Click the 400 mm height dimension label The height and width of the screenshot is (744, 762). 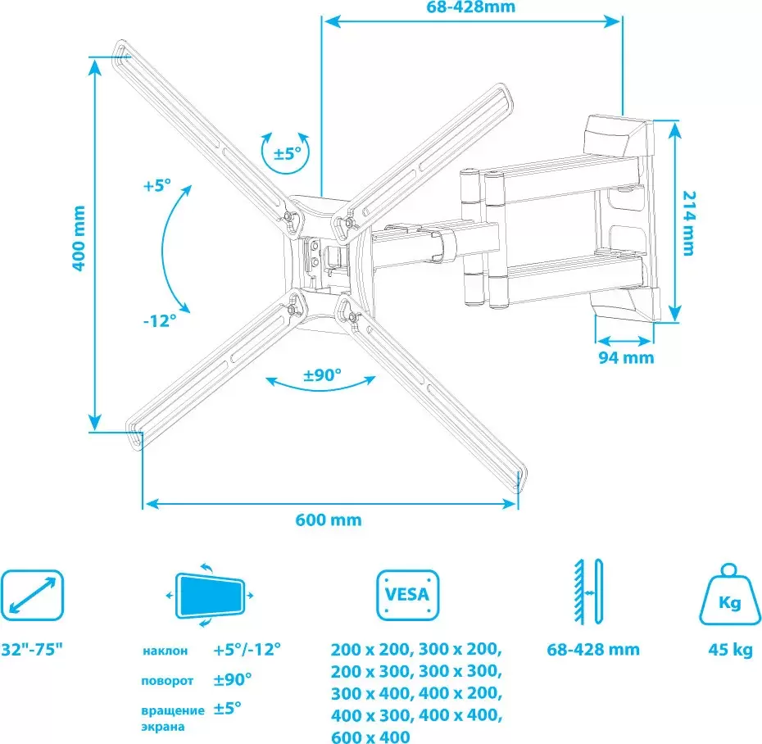pos(79,238)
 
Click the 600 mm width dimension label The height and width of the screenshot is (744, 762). pos(329,520)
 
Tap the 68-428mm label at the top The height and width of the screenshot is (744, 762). pos(471,7)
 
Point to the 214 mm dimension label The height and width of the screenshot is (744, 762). pos(688,223)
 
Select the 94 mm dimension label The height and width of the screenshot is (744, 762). pos(626,358)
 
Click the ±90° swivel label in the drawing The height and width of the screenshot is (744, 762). pos(322,374)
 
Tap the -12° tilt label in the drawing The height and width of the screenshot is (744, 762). pos(160,320)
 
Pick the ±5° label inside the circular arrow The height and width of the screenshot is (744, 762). pos(288,153)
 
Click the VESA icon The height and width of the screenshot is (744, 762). pos(408,596)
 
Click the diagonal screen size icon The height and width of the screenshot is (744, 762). pos(32,596)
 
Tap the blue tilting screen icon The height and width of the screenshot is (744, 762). pos(210,596)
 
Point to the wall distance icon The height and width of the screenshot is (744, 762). pos(588,592)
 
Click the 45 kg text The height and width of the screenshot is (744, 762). pos(730,650)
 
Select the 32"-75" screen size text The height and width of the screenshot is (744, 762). pos(32,649)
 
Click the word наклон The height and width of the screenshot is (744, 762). pos(166,651)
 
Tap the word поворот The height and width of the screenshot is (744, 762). pos(167,681)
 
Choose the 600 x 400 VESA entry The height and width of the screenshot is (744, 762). pos(371,737)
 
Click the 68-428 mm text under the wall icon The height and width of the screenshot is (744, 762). pos(593,650)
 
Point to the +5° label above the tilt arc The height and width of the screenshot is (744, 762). pos(157,185)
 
